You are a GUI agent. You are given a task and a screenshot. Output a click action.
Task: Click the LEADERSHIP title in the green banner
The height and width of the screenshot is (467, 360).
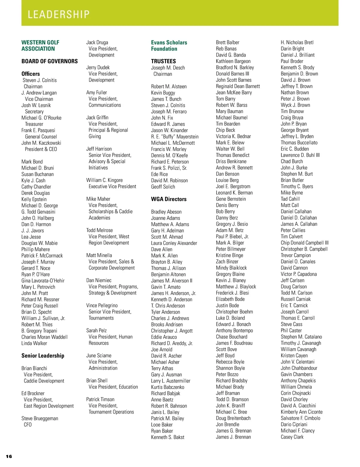[58, 14]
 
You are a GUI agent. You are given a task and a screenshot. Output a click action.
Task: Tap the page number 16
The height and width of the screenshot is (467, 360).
[9, 456]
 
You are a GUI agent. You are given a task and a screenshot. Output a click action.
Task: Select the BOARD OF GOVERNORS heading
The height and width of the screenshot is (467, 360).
[49, 61]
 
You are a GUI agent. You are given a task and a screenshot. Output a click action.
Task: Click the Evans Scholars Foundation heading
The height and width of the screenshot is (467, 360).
[169, 46]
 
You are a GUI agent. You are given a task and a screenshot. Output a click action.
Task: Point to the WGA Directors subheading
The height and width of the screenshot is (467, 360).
[169, 199]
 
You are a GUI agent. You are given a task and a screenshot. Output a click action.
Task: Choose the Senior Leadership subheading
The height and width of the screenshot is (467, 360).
[43, 355]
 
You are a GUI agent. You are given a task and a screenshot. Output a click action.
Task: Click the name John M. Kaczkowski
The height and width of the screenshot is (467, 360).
[41, 143]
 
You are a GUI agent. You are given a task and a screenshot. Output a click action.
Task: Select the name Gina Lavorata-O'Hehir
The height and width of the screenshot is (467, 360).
[43, 281]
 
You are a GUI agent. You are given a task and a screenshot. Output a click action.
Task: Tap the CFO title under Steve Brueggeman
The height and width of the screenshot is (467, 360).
[28, 425]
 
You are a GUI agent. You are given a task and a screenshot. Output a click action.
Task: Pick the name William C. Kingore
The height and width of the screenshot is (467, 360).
[104, 180]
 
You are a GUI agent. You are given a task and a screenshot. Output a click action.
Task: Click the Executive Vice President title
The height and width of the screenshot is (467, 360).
[112, 186]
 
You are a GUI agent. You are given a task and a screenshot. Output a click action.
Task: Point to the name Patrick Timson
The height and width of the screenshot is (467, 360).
[100, 399]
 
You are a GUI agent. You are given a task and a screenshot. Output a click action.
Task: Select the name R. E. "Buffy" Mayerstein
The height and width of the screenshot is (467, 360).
[175, 137]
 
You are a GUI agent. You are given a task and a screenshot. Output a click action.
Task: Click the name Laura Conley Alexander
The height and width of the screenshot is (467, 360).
[174, 243]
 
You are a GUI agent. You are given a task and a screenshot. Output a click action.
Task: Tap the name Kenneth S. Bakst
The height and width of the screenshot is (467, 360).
[168, 437]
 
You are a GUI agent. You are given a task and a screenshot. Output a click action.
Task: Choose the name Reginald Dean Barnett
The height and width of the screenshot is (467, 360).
[238, 86]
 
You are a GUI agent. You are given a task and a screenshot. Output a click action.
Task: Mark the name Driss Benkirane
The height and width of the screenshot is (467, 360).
[231, 161]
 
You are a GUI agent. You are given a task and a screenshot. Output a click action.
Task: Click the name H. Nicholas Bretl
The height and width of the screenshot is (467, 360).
[297, 43]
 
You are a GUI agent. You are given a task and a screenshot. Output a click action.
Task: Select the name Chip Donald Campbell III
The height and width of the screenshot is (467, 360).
[304, 243]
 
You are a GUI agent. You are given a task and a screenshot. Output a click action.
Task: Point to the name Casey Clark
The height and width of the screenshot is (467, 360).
[292, 437]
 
